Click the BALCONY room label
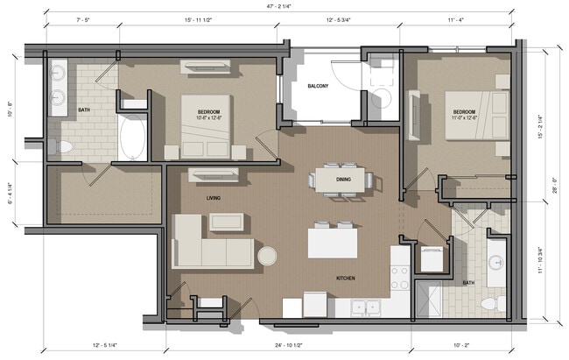click(317, 86)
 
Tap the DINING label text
click(344, 180)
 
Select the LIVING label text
click(214, 199)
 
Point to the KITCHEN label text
click(346, 279)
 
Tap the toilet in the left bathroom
click(60, 145)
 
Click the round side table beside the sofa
click(267, 255)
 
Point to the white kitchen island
click(333, 242)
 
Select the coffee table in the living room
click(226, 221)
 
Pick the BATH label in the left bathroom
click(84, 110)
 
